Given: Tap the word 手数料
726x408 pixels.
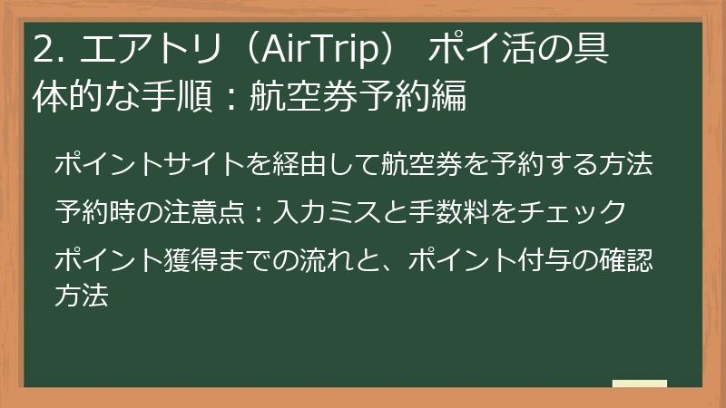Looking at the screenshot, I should click(446, 212).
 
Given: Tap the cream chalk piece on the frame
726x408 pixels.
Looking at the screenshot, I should click(639, 384).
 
